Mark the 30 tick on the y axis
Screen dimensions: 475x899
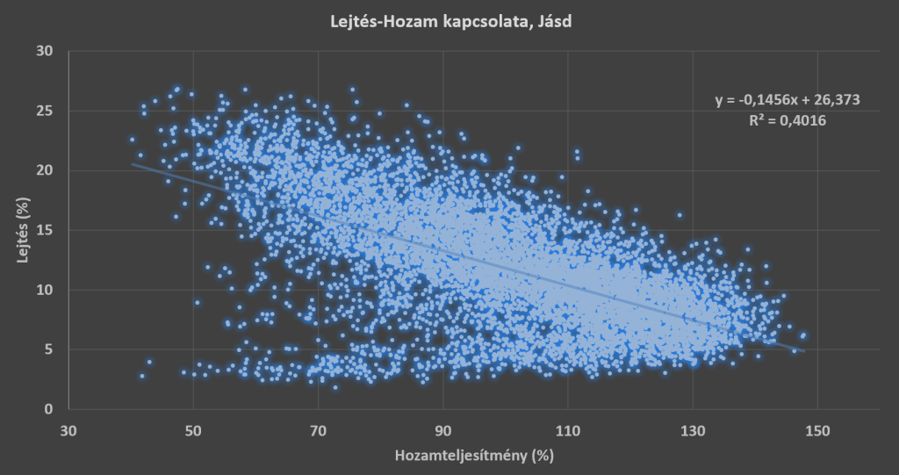click(x=45, y=51)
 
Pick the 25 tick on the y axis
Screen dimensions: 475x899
click(x=45, y=111)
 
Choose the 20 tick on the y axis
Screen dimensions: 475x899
click(x=45, y=170)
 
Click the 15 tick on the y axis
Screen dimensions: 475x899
click(x=45, y=230)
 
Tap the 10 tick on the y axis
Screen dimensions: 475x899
click(x=45, y=290)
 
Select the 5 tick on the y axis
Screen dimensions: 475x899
click(x=48, y=349)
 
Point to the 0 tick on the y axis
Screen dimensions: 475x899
click(x=48, y=409)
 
